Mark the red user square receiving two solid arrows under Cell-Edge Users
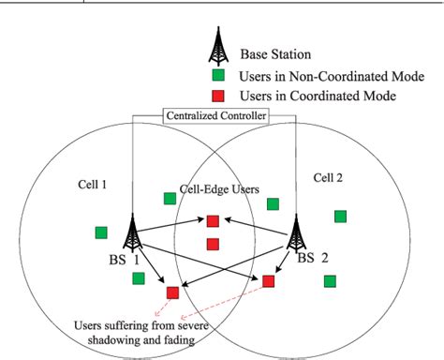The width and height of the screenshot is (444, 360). coord(213,222)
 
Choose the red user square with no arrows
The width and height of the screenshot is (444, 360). coord(213,245)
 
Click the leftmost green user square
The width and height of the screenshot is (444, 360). coord(101,232)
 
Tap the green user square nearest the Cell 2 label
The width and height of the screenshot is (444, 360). coord(341,217)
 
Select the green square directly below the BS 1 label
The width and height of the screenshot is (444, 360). coord(139,277)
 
